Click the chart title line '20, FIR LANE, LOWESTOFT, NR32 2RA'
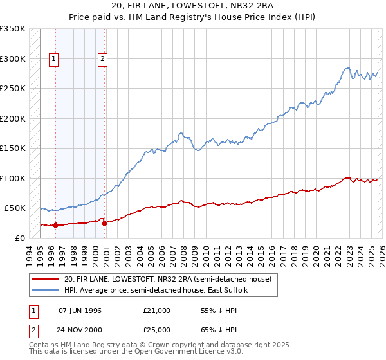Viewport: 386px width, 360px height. point(193,7)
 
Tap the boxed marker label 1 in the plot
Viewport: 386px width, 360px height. point(53,59)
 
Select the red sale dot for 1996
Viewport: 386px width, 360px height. point(55,225)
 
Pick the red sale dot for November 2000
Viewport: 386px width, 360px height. point(104,223)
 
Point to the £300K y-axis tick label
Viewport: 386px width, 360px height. point(13,59)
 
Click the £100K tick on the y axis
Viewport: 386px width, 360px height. point(13,178)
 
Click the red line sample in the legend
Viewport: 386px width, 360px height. point(45,279)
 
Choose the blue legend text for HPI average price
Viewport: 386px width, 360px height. point(161,290)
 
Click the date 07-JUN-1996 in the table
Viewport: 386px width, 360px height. point(80,310)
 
